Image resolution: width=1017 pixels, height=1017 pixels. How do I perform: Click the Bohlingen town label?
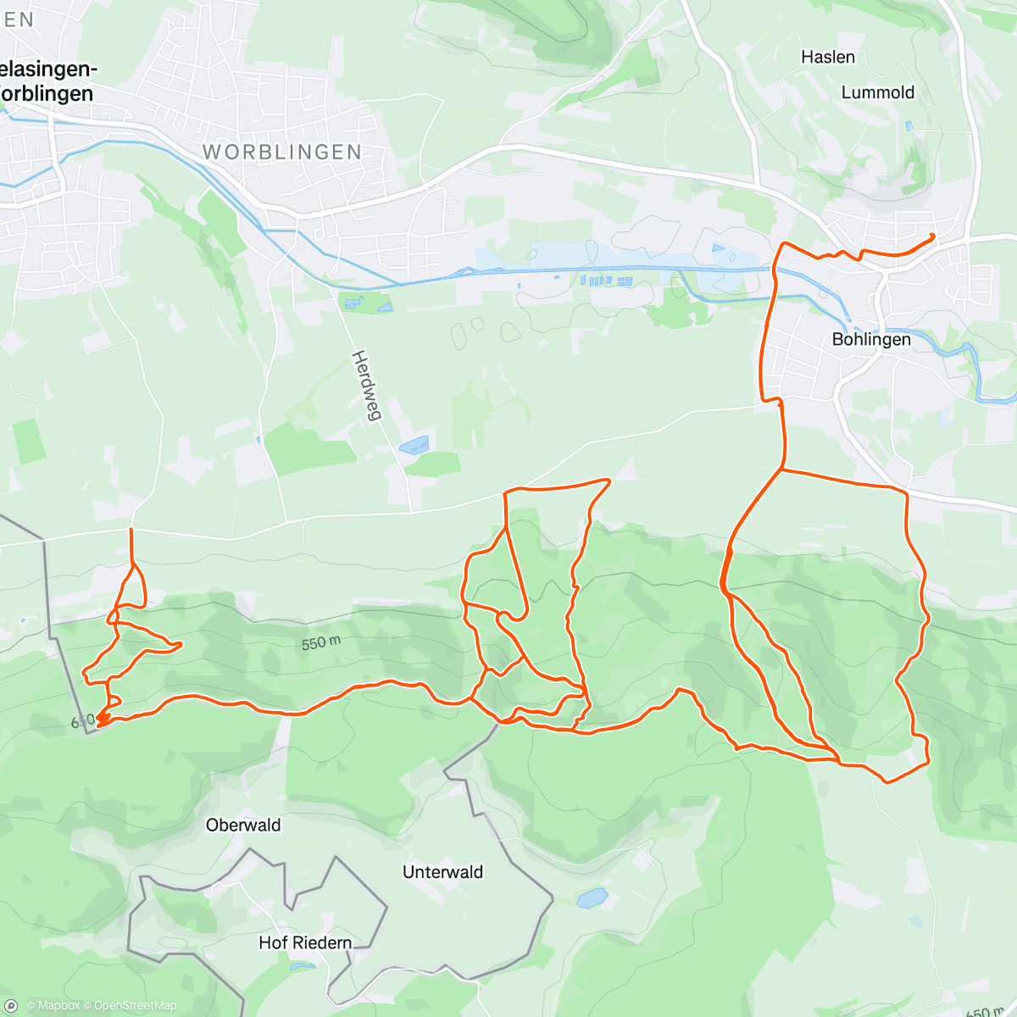point(871,339)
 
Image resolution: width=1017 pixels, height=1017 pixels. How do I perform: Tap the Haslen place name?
point(828,57)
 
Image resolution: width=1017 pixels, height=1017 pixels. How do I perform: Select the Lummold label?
point(877,92)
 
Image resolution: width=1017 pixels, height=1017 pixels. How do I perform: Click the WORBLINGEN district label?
point(282,152)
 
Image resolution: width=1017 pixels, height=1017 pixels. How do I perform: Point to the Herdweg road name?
point(368,385)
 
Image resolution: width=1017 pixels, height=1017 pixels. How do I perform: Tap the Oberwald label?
point(243,825)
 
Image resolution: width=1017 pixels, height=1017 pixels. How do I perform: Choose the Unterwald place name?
point(442,872)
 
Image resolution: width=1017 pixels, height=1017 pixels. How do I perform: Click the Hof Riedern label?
point(304,942)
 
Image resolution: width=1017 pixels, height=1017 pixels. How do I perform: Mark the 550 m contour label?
point(321,643)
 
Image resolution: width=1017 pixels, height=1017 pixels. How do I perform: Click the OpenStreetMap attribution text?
point(135,1005)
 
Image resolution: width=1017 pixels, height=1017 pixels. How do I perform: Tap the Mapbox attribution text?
point(58,1005)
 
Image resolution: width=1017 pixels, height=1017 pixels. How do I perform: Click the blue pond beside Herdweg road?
point(414,444)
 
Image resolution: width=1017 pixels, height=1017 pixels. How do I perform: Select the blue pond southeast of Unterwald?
point(592,897)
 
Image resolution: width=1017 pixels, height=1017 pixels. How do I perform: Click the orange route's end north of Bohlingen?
point(933,235)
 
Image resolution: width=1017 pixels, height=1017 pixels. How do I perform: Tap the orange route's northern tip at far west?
point(131,530)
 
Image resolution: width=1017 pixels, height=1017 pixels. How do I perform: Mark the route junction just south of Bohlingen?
point(781,469)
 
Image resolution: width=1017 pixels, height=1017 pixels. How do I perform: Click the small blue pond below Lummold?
point(909,126)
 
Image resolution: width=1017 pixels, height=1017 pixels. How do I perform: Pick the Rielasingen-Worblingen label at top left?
point(47,81)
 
